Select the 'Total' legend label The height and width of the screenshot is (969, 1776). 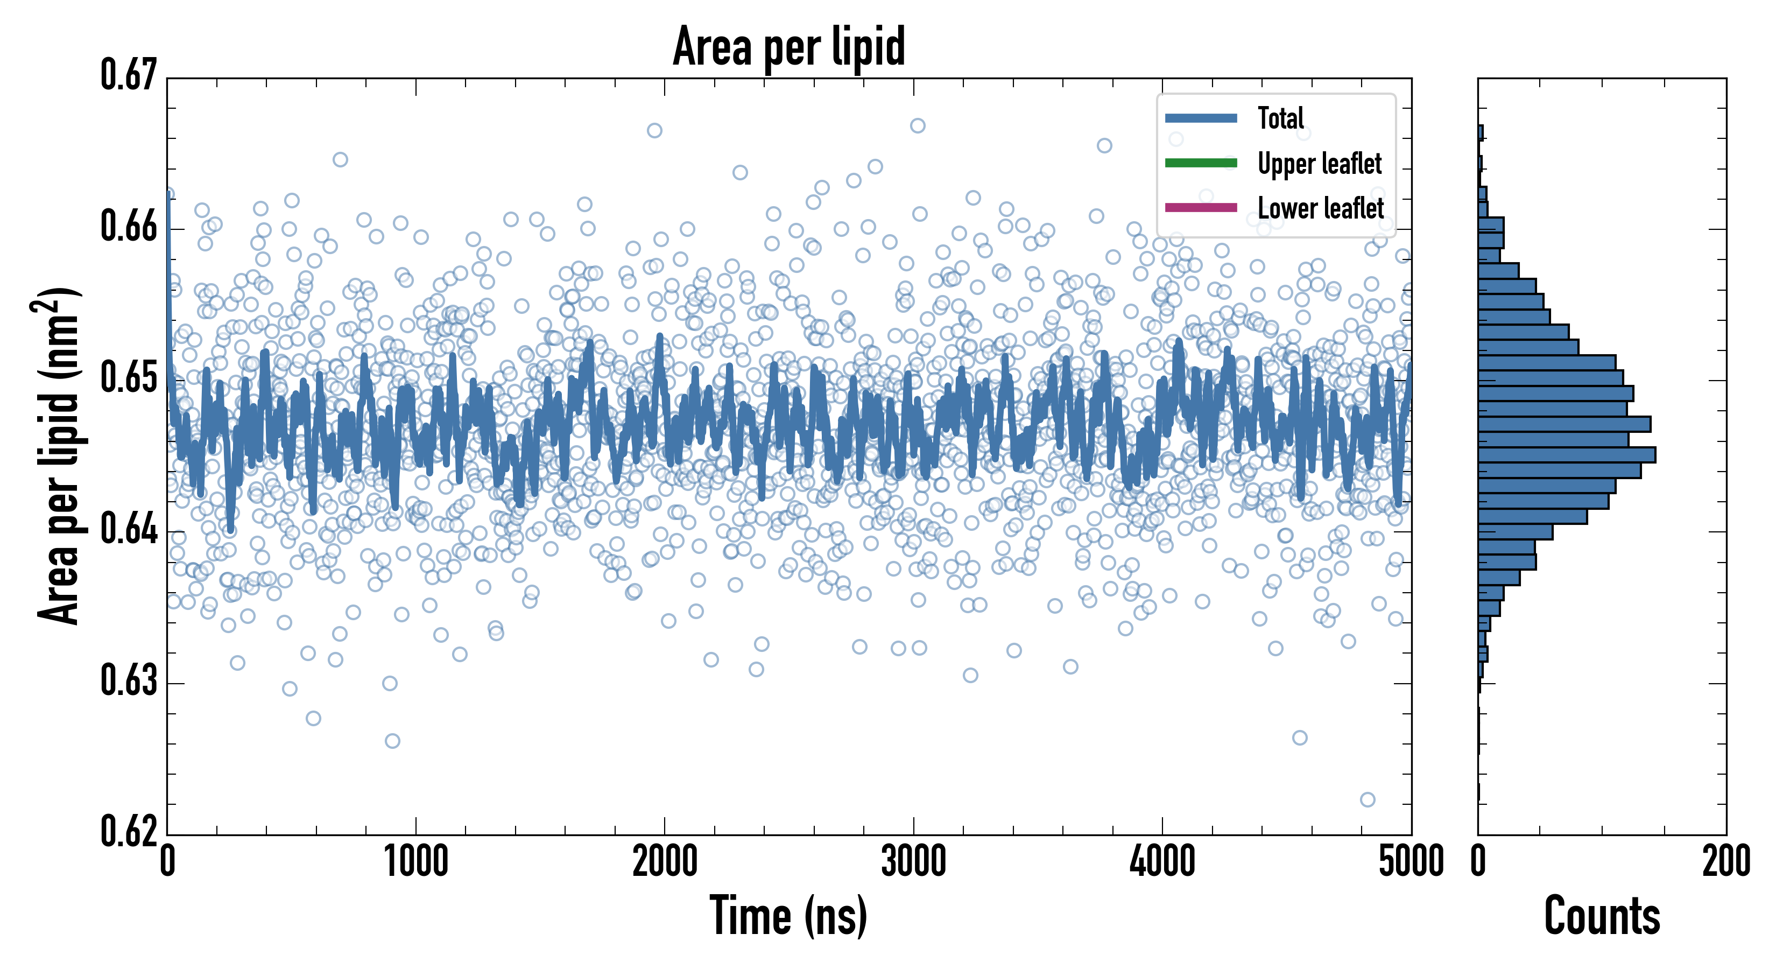[x=1280, y=118]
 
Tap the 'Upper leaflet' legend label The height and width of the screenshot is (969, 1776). [x=1319, y=164]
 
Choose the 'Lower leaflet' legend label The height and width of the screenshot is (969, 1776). [x=1320, y=208]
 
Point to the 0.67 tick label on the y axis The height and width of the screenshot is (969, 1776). [x=129, y=75]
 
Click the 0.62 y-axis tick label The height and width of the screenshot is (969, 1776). [x=129, y=831]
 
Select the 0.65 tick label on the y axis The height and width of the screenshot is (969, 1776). [x=129, y=378]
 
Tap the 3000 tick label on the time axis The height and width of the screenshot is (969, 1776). [x=913, y=862]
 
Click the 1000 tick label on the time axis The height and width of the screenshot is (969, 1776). [x=415, y=862]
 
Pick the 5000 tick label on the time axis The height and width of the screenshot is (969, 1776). [x=1411, y=862]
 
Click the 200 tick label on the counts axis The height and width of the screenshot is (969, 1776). [x=1725, y=862]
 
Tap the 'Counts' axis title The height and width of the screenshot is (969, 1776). [x=1602, y=916]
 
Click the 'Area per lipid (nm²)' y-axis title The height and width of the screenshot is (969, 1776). [x=59, y=455]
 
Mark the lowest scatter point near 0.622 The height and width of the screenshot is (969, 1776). [x=1367, y=799]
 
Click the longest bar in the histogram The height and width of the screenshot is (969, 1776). [x=1567, y=454]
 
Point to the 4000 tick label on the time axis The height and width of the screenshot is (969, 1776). [x=1162, y=862]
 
